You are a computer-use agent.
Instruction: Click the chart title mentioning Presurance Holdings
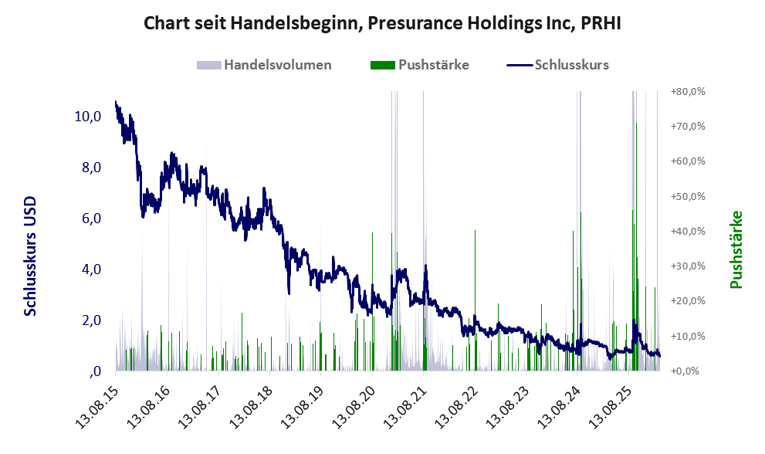click(x=382, y=23)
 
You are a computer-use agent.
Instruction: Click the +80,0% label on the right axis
click(x=688, y=91)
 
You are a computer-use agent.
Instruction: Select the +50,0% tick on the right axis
click(x=688, y=196)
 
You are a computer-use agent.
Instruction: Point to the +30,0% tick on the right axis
click(x=688, y=266)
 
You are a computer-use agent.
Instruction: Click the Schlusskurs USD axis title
click(x=31, y=255)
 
